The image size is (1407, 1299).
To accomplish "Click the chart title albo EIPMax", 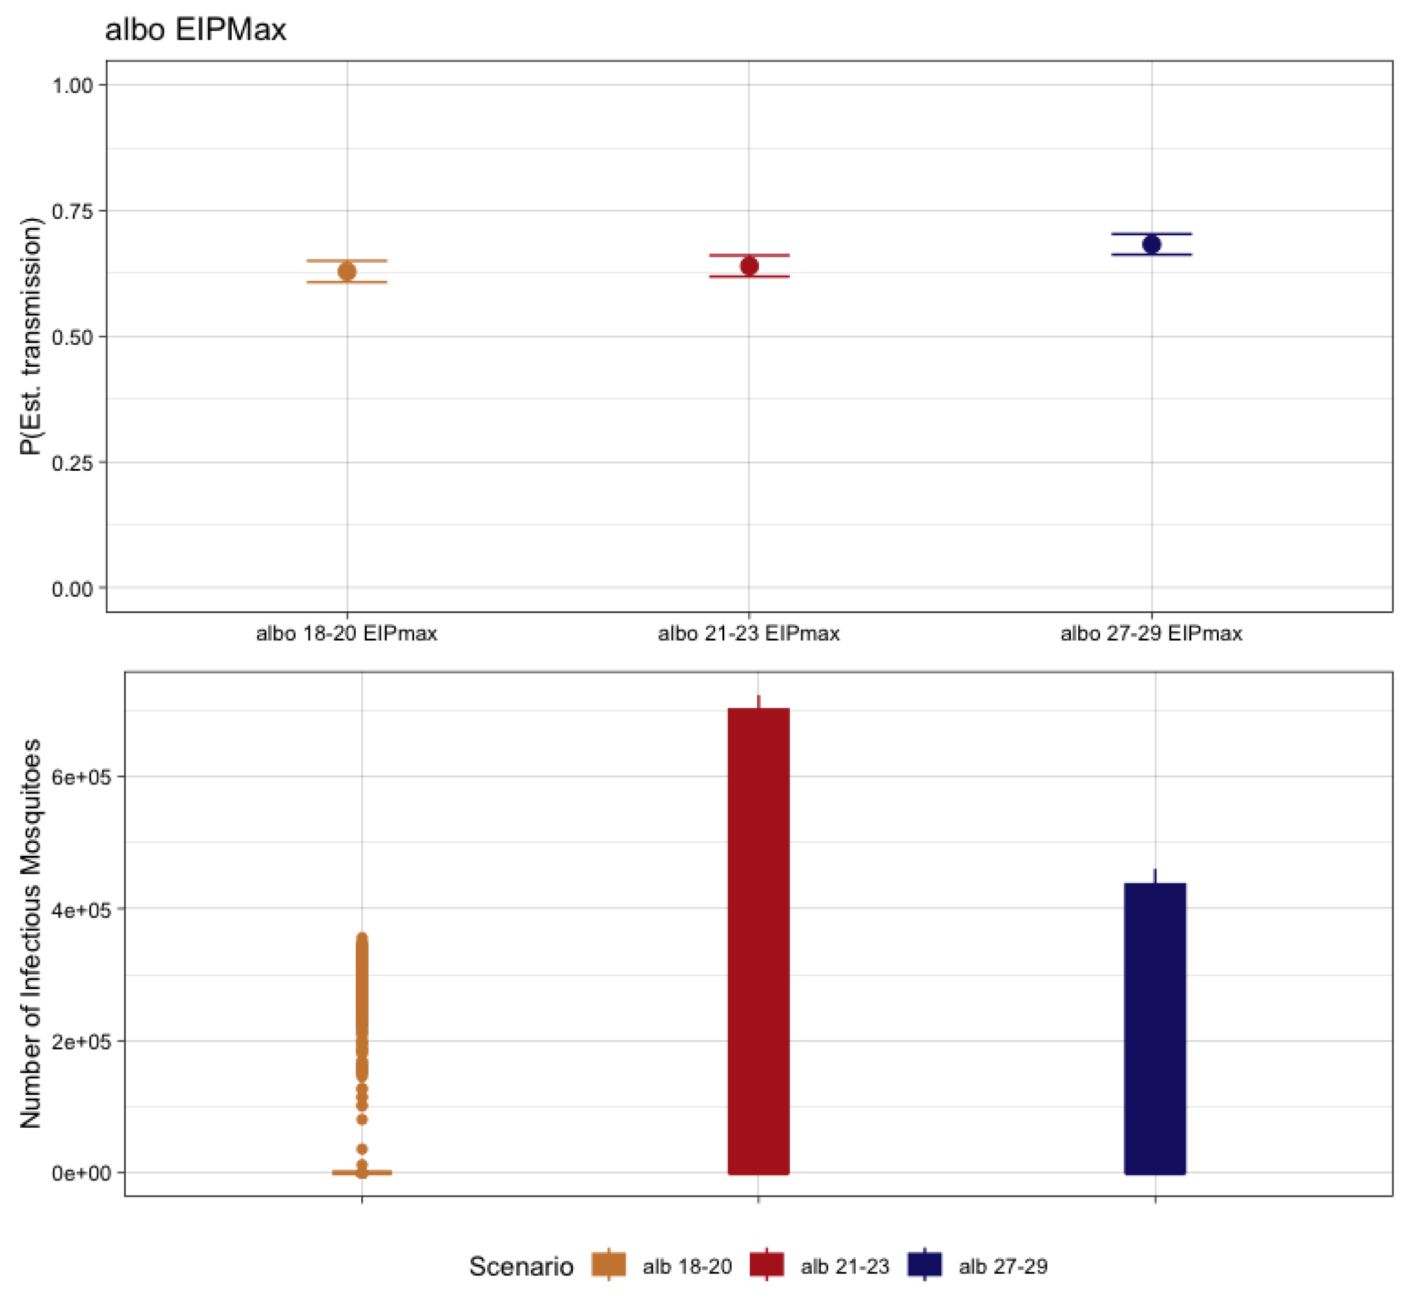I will click(196, 29).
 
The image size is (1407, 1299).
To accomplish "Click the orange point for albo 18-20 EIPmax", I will click(347, 271).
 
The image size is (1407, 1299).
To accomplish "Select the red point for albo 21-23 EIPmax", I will click(749, 266).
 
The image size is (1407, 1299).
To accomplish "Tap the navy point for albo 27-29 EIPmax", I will click(1151, 244).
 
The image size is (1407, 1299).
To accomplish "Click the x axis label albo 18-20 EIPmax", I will click(347, 633).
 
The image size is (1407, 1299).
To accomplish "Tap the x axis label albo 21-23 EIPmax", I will click(749, 633).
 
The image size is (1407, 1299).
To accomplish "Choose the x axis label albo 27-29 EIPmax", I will click(1151, 633).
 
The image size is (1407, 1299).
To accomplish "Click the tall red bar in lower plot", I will click(759, 942).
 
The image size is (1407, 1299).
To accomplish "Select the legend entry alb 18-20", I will click(686, 1266).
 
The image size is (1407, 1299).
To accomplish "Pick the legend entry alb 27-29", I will click(1003, 1266).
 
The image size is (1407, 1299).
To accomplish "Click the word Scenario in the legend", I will click(521, 1266).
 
